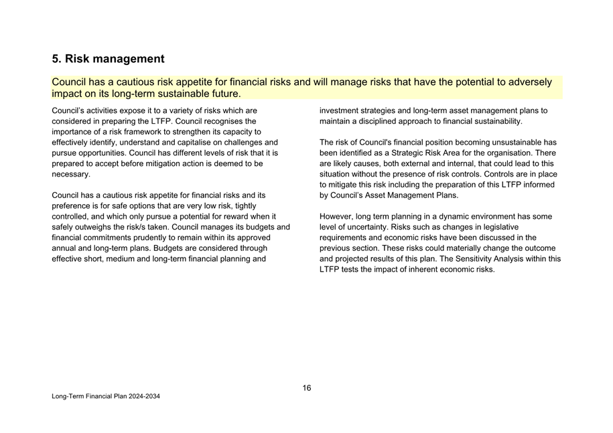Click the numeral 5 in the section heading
[56, 59]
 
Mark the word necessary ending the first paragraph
[70, 175]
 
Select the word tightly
[245, 206]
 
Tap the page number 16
[306, 388]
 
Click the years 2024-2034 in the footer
[143, 397]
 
